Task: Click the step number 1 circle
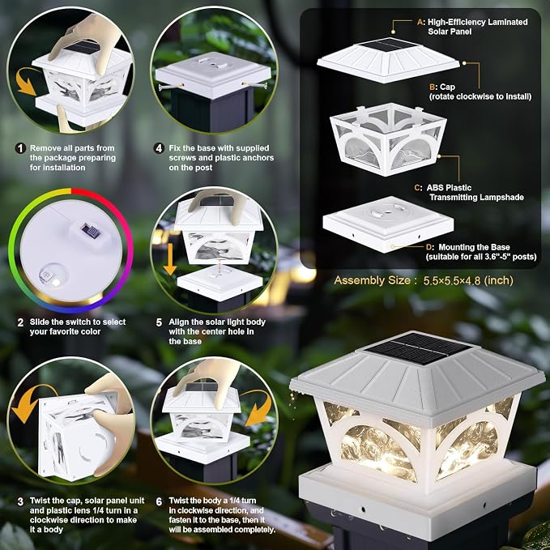(20, 148)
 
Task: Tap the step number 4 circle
(159, 148)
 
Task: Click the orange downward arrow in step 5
(170, 259)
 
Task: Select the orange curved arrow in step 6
(259, 408)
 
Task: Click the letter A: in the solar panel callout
(421, 22)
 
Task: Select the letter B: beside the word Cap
(433, 87)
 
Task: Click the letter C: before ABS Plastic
(418, 188)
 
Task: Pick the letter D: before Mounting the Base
(429, 247)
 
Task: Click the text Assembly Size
(372, 280)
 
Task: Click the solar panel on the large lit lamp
(418, 348)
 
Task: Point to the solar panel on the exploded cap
(389, 45)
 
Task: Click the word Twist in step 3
(39, 501)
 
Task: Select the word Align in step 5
(178, 322)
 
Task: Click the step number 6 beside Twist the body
(159, 501)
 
